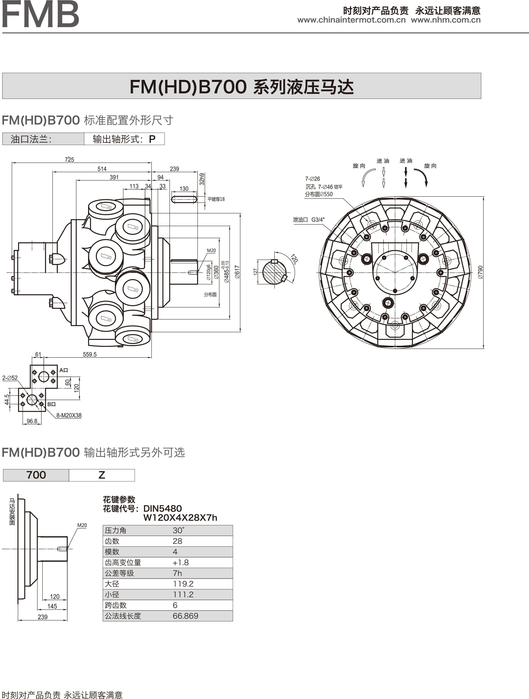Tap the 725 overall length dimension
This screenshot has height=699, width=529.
tap(69, 160)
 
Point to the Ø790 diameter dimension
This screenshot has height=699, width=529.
tap(480, 272)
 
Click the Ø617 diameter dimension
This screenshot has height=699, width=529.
tap(237, 272)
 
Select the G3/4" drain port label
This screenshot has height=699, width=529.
tap(318, 220)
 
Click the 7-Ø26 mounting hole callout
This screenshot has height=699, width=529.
tap(312, 179)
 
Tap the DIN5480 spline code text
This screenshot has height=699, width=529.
tap(163, 509)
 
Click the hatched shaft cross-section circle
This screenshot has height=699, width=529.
tap(274, 272)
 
